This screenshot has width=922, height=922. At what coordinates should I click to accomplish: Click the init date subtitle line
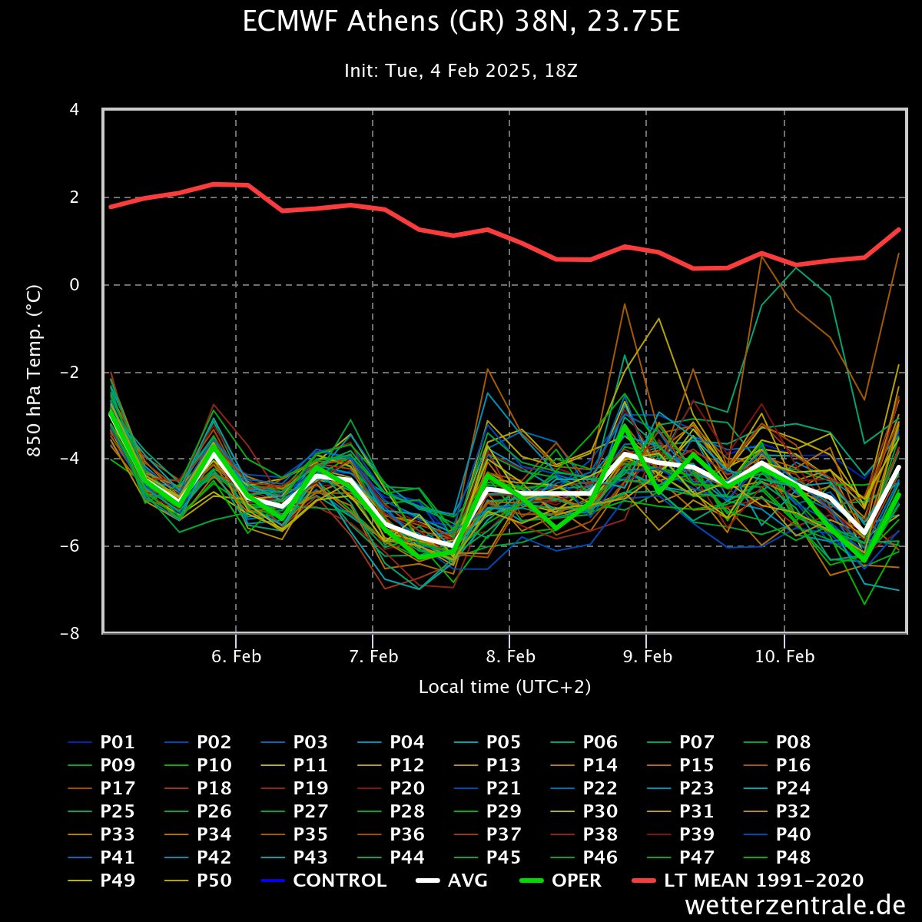click(x=461, y=71)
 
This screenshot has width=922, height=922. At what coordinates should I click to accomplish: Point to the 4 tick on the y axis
click(x=75, y=110)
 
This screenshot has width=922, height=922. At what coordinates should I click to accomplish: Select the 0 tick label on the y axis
click(x=75, y=285)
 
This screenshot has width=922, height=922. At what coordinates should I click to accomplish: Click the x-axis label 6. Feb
click(x=236, y=657)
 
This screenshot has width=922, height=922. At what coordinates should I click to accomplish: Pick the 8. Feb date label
click(x=509, y=657)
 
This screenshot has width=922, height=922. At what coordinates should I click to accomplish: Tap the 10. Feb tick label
click(x=784, y=657)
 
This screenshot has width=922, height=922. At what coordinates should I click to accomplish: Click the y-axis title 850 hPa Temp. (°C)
click(x=35, y=371)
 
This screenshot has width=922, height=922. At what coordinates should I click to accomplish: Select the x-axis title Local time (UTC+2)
click(x=505, y=687)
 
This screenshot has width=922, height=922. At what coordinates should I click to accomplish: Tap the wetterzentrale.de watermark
click(x=795, y=905)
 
